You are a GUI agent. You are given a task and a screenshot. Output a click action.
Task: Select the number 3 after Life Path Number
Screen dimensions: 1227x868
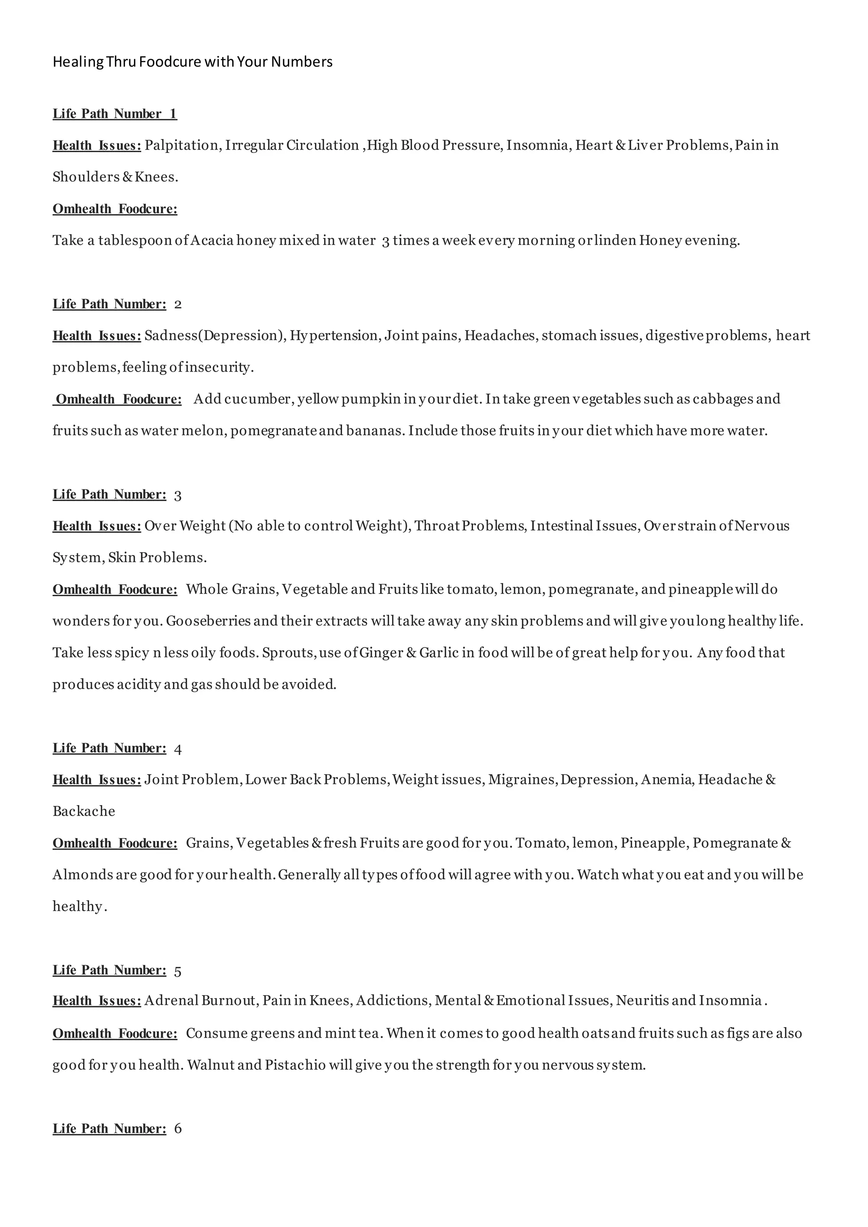pos(178,495)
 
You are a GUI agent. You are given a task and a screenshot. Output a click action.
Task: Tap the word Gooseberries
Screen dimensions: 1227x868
pos(208,621)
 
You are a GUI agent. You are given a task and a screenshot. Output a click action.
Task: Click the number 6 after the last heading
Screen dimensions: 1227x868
pos(178,1129)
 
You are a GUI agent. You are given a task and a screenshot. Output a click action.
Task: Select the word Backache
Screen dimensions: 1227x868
pos(84,811)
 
